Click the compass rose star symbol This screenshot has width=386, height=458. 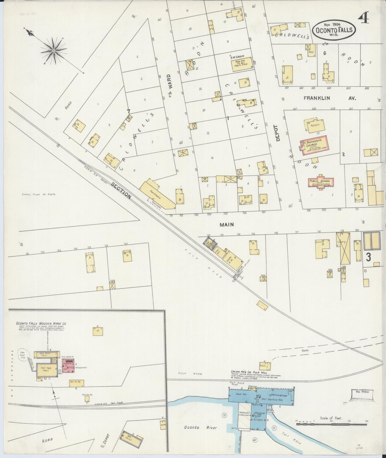[x=54, y=50]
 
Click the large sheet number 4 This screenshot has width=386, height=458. [x=363, y=19]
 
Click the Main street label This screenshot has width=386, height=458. [x=227, y=225]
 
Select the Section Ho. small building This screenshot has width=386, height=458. [x=87, y=399]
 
